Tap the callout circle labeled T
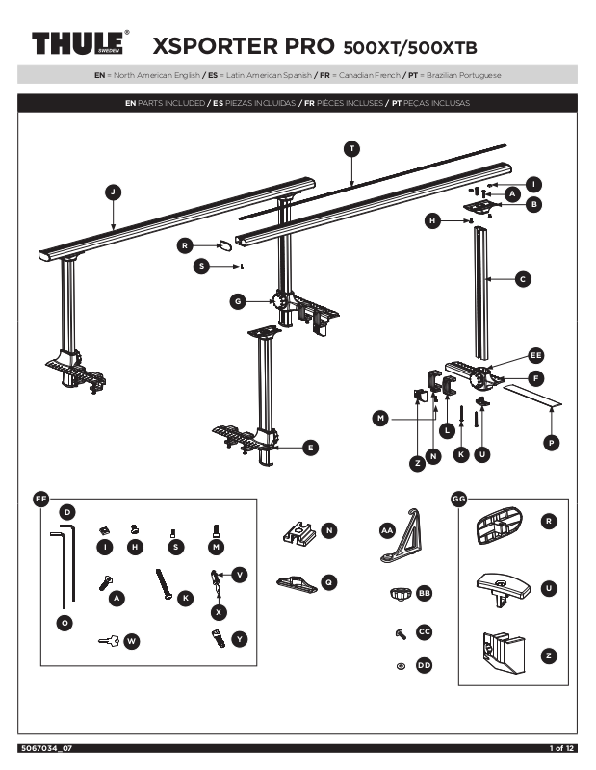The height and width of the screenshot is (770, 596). point(352,148)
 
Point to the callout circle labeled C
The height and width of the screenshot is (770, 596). point(522,279)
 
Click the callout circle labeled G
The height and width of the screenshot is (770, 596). point(236,301)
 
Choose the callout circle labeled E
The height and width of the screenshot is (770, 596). point(310,447)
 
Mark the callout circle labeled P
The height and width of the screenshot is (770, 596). point(550,443)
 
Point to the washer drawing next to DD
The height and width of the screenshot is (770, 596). point(401,666)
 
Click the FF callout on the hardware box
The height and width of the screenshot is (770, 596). point(40,499)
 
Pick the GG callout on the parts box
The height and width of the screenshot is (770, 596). point(458,499)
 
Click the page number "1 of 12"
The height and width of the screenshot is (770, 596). point(562,748)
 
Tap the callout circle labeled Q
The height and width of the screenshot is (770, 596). point(329,581)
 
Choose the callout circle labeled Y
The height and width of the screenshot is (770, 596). point(240,638)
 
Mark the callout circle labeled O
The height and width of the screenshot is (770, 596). point(65,624)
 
